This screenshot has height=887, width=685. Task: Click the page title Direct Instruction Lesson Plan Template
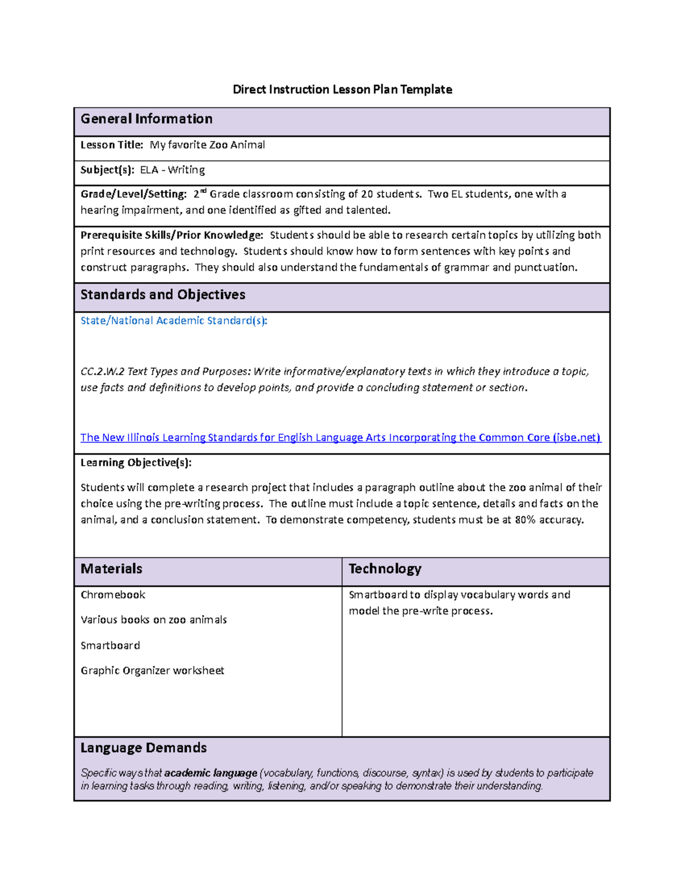[342, 89]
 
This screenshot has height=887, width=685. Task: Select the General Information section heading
[146, 119]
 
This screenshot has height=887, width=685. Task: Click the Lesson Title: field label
[112, 145]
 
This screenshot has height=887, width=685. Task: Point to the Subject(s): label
[107, 170]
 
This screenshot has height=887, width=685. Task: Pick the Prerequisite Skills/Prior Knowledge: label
[172, 235]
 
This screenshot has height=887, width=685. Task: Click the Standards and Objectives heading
[163, 295]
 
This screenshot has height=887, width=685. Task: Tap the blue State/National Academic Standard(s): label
[174, 321]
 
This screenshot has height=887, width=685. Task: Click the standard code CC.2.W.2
[102, 372]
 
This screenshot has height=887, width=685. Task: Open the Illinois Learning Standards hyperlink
[340, 438]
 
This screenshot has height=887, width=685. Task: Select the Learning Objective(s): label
[136, 463]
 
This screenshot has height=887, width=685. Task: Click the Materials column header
[111, 569]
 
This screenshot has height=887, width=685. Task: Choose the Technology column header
[385, 569]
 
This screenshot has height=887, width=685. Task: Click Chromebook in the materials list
[113, 595]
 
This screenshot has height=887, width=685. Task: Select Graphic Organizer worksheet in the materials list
[152, 671]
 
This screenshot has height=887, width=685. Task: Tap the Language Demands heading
[143, 748]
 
